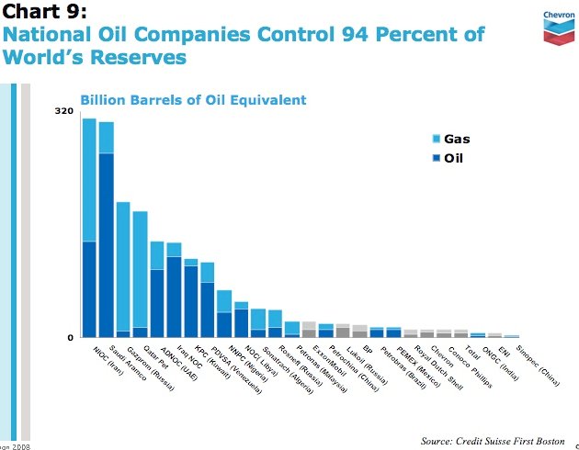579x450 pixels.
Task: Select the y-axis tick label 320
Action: point(63,111)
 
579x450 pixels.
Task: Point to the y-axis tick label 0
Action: point(69,337)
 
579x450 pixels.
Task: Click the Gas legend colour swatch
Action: point(437,140)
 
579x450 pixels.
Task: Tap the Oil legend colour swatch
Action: point(437,158)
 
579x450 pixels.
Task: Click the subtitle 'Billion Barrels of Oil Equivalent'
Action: point(193,99)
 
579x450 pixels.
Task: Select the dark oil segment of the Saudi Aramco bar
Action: point(107,243)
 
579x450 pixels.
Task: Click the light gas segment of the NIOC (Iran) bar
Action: point(89,179)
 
